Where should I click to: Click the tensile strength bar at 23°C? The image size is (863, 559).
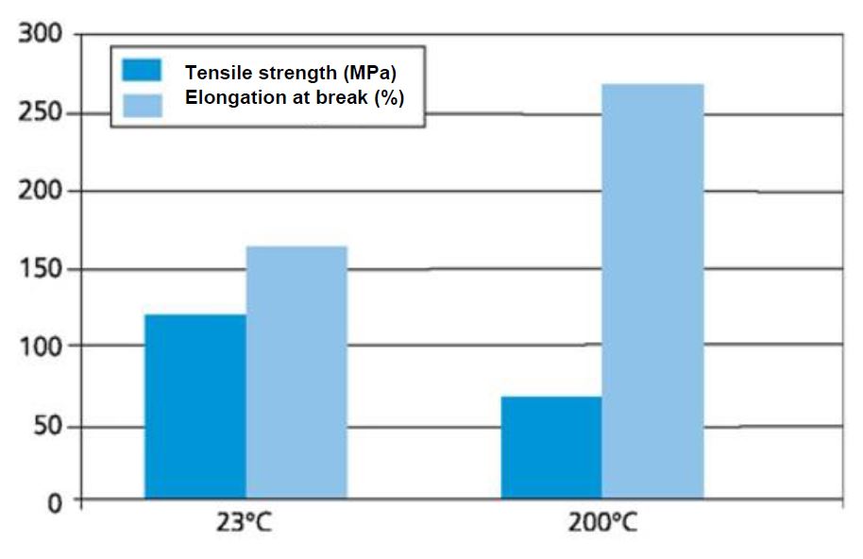coord(195,406)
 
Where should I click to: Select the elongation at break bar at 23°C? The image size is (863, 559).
coord(296,372)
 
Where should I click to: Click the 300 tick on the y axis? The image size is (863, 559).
coord(42,35)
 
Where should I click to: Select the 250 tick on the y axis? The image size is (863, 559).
coord(42,113)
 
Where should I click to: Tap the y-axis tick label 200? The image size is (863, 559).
coord(42,192)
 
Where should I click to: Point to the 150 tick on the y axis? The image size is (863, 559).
coord(42,270)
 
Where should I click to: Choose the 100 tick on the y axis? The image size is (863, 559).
coord(42,347)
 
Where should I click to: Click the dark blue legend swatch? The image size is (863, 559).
coord(142,71)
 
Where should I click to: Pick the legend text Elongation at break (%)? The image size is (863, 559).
coord(295,98)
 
